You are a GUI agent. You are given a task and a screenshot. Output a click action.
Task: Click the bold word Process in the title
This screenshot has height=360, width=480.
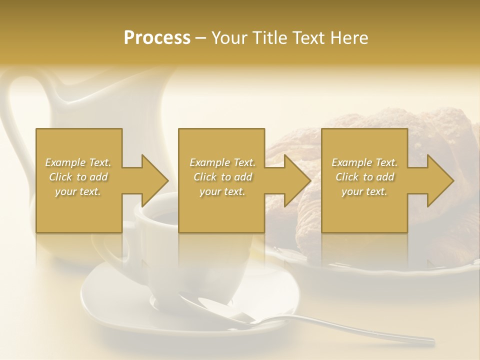[x=157, y=38]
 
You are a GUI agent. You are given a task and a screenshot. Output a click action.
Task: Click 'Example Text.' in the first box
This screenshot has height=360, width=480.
[x=78, y=162]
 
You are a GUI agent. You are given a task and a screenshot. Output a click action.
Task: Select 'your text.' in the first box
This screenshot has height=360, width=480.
[x=78, y=191]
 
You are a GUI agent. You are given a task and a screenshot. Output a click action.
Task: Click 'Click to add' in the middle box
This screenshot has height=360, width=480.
[x=222, y=177]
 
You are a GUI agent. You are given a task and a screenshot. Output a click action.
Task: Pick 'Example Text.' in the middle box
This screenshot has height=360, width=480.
[x=222, y=162]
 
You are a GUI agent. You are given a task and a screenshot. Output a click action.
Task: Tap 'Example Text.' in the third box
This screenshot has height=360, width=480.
[x=364, y=162]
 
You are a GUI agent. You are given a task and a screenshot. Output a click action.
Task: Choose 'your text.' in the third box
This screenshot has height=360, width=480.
[x=364, y=191]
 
